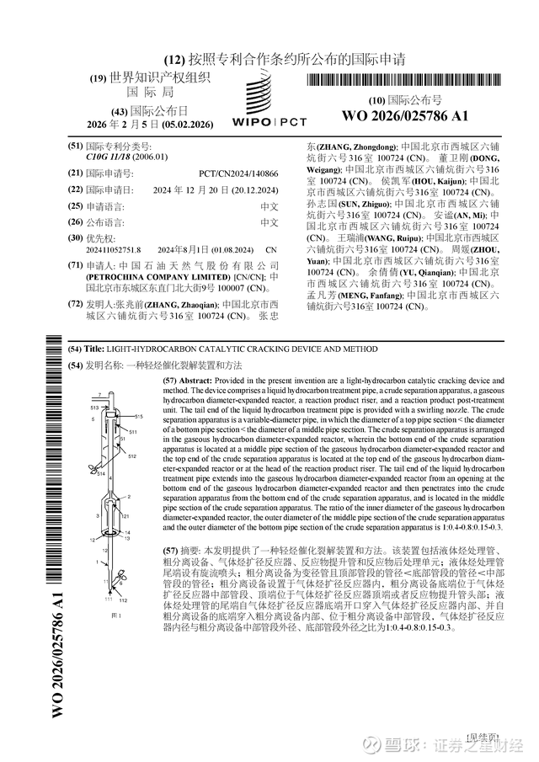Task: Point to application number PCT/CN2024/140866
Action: click(x=238, y=173)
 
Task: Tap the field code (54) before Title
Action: click(x=75, y=349)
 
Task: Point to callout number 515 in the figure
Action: click(x=138, y=417)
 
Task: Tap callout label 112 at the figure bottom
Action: click(x=124, y=576)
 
